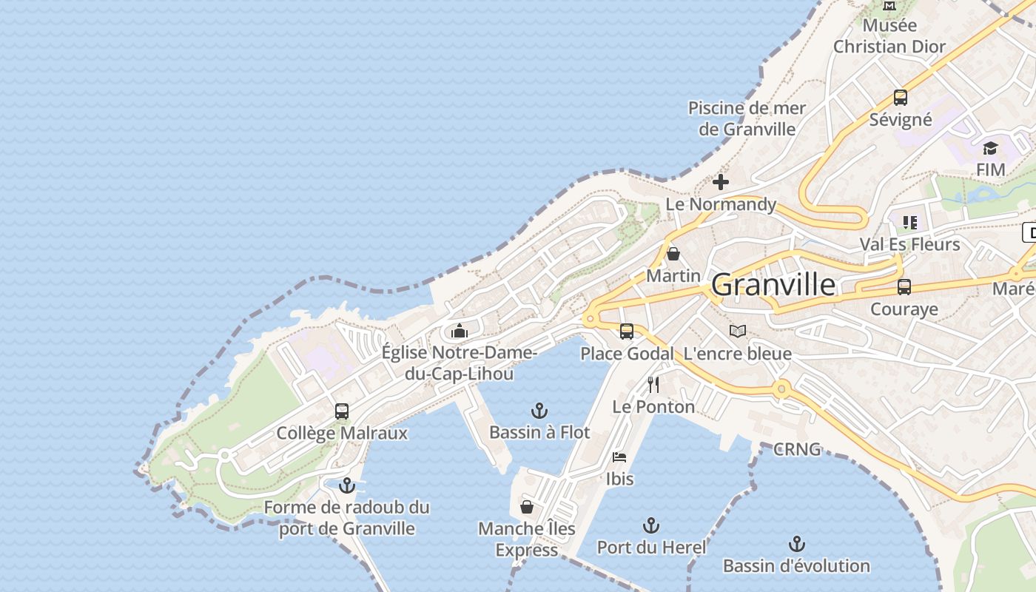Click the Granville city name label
click(x=773, y=285)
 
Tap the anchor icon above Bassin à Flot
click(x=539, y=411)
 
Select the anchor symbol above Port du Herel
click(x=650, y=526)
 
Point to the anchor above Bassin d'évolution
click(x=796, y=545)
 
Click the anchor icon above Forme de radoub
click(x=346, y=486)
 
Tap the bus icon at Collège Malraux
click(x=341, y=411)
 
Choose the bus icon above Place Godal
click(x=627, y=332)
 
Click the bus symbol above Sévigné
click(x=900, y=98)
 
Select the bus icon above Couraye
click(x=904, y=287)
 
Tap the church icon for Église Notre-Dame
click(x=460, y=331)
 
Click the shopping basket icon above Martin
click(x=673, y=255)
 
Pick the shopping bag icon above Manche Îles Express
click(x=526, y=507)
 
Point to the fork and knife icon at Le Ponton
click(x=653, y=385)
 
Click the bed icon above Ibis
click(x=619, y=457)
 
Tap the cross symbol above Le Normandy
click(x=720, y=182)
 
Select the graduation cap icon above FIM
click(x=990, y=149)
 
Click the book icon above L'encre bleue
click(x=737, y=331)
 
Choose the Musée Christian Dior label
click(x=889, y=36)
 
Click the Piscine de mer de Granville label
click(x=747, y=118)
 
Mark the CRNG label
click(x=797, y=449)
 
